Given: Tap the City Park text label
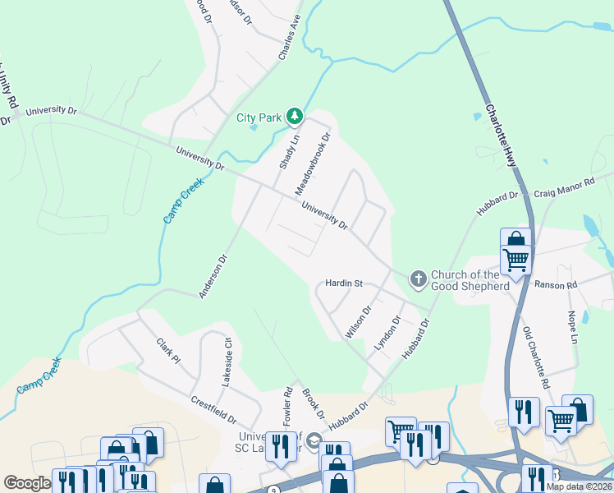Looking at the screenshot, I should pyautogui.click(x=259, y=118).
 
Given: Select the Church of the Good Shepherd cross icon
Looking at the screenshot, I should pyautogui.click(x=418, y=279).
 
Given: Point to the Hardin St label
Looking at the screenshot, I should pyautogui.click(x=344, y=283).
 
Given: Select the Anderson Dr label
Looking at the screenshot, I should pyautogui.click(x=212, y=276).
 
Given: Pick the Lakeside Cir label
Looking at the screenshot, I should pyautogui.click(x=225, y=362).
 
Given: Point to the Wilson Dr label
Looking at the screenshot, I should pyautogui.click(x=359, y=321).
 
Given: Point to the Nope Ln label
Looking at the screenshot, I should pyautogui.click(x=574, y=316).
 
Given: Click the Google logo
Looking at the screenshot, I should pyautogui.click(x=27, y=483).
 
